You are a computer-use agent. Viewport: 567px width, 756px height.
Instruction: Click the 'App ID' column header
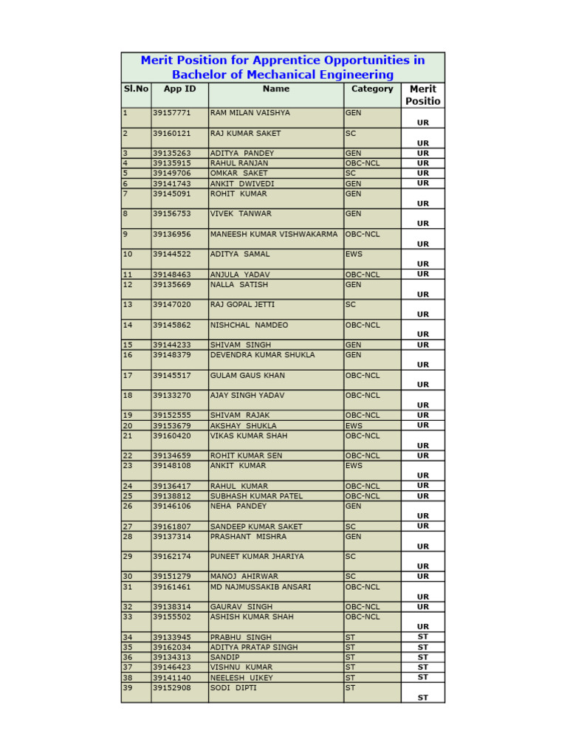179,89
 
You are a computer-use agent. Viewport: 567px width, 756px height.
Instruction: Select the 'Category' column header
372,89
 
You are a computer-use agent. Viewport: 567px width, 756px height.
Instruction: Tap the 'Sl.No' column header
136,89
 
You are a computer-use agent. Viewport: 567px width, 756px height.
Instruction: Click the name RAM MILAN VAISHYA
250,113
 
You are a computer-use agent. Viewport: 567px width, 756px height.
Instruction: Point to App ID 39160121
171,134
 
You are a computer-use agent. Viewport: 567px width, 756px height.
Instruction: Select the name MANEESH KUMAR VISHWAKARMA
274,234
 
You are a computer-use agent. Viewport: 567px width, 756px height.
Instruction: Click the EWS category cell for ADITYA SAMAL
354,254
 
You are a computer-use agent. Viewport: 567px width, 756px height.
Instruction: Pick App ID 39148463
171,275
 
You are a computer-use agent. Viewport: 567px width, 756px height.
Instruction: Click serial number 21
128,436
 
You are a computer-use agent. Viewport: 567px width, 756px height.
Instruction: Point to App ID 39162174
171,557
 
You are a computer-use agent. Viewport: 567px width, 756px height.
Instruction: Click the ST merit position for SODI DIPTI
423,697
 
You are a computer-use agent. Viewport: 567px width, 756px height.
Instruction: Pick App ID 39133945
171,637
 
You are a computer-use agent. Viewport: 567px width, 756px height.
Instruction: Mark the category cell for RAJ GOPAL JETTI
351,305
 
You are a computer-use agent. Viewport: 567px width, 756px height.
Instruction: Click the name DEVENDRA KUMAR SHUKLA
262,355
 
